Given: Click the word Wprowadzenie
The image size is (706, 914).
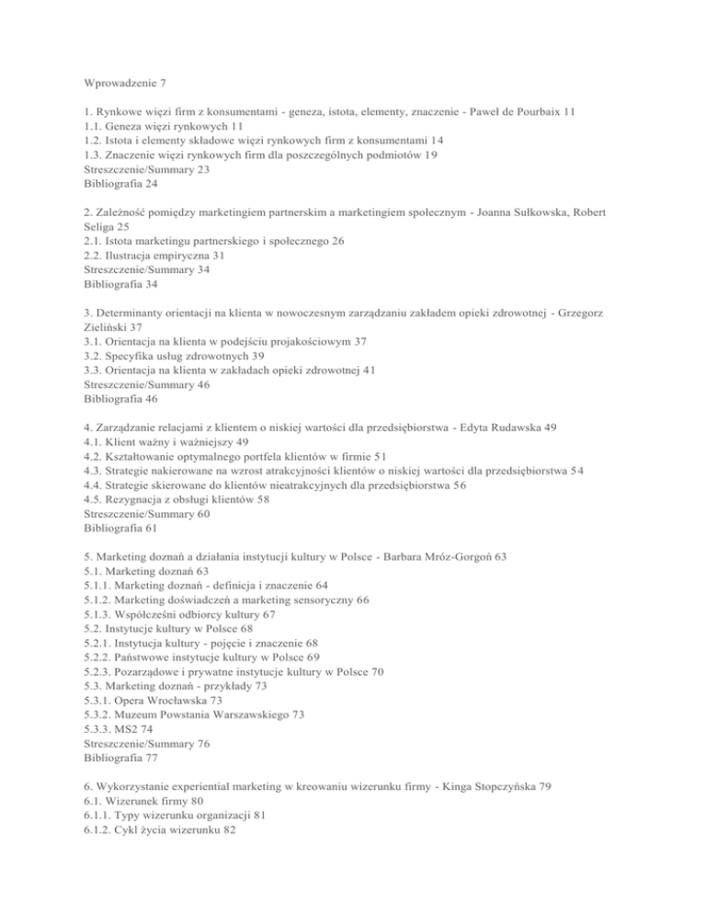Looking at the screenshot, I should pyautogui.click(x=117, y=84).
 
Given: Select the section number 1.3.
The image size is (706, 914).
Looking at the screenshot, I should pyautogui.click(x=95, y=155).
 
